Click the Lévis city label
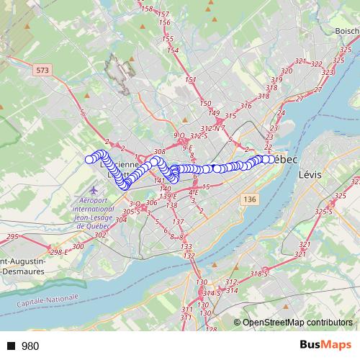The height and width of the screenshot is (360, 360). click(308, 174)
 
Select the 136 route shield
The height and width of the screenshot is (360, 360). click(250, 199)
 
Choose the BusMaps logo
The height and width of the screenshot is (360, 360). click(325, 346)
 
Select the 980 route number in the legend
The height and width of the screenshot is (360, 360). click(30, 346)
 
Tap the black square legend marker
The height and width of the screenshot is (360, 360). click(11, 346)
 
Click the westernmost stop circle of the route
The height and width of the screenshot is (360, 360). click(89, 160)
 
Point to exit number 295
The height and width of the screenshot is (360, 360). click(12, 237)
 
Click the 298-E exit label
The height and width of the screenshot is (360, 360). click(60, 252)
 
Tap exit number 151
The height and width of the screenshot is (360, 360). click(190, 80)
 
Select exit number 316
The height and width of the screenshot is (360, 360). click(246, 106)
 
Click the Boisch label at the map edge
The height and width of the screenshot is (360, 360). click(346, 31)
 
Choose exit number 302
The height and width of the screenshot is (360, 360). click(99, 235)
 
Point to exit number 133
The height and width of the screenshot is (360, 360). click(186, 246)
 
